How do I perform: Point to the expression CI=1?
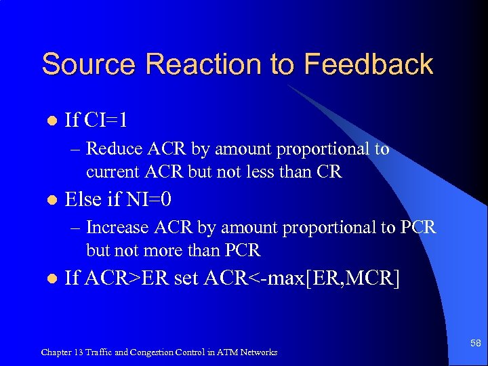click(x=106, y=121)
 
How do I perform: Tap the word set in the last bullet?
click(x=186, y=279)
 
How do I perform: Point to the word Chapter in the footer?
click(x=57, y=352)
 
